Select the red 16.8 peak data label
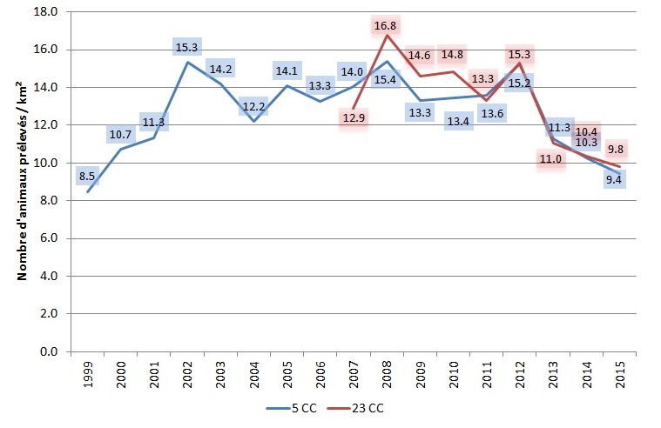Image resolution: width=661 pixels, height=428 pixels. pos(386,26)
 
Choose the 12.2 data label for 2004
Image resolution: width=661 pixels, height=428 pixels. pos(253,108)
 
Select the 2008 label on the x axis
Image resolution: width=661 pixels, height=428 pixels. pos(388,372)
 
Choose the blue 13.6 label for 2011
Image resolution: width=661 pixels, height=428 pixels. pos(491,113)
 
